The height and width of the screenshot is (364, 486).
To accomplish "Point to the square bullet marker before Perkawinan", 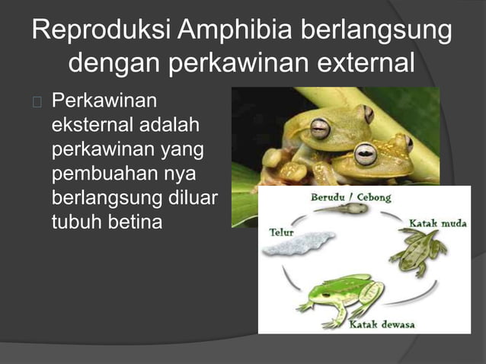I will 37,101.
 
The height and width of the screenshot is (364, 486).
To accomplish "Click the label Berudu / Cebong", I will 350,197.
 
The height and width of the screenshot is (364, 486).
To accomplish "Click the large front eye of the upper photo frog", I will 320,129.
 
